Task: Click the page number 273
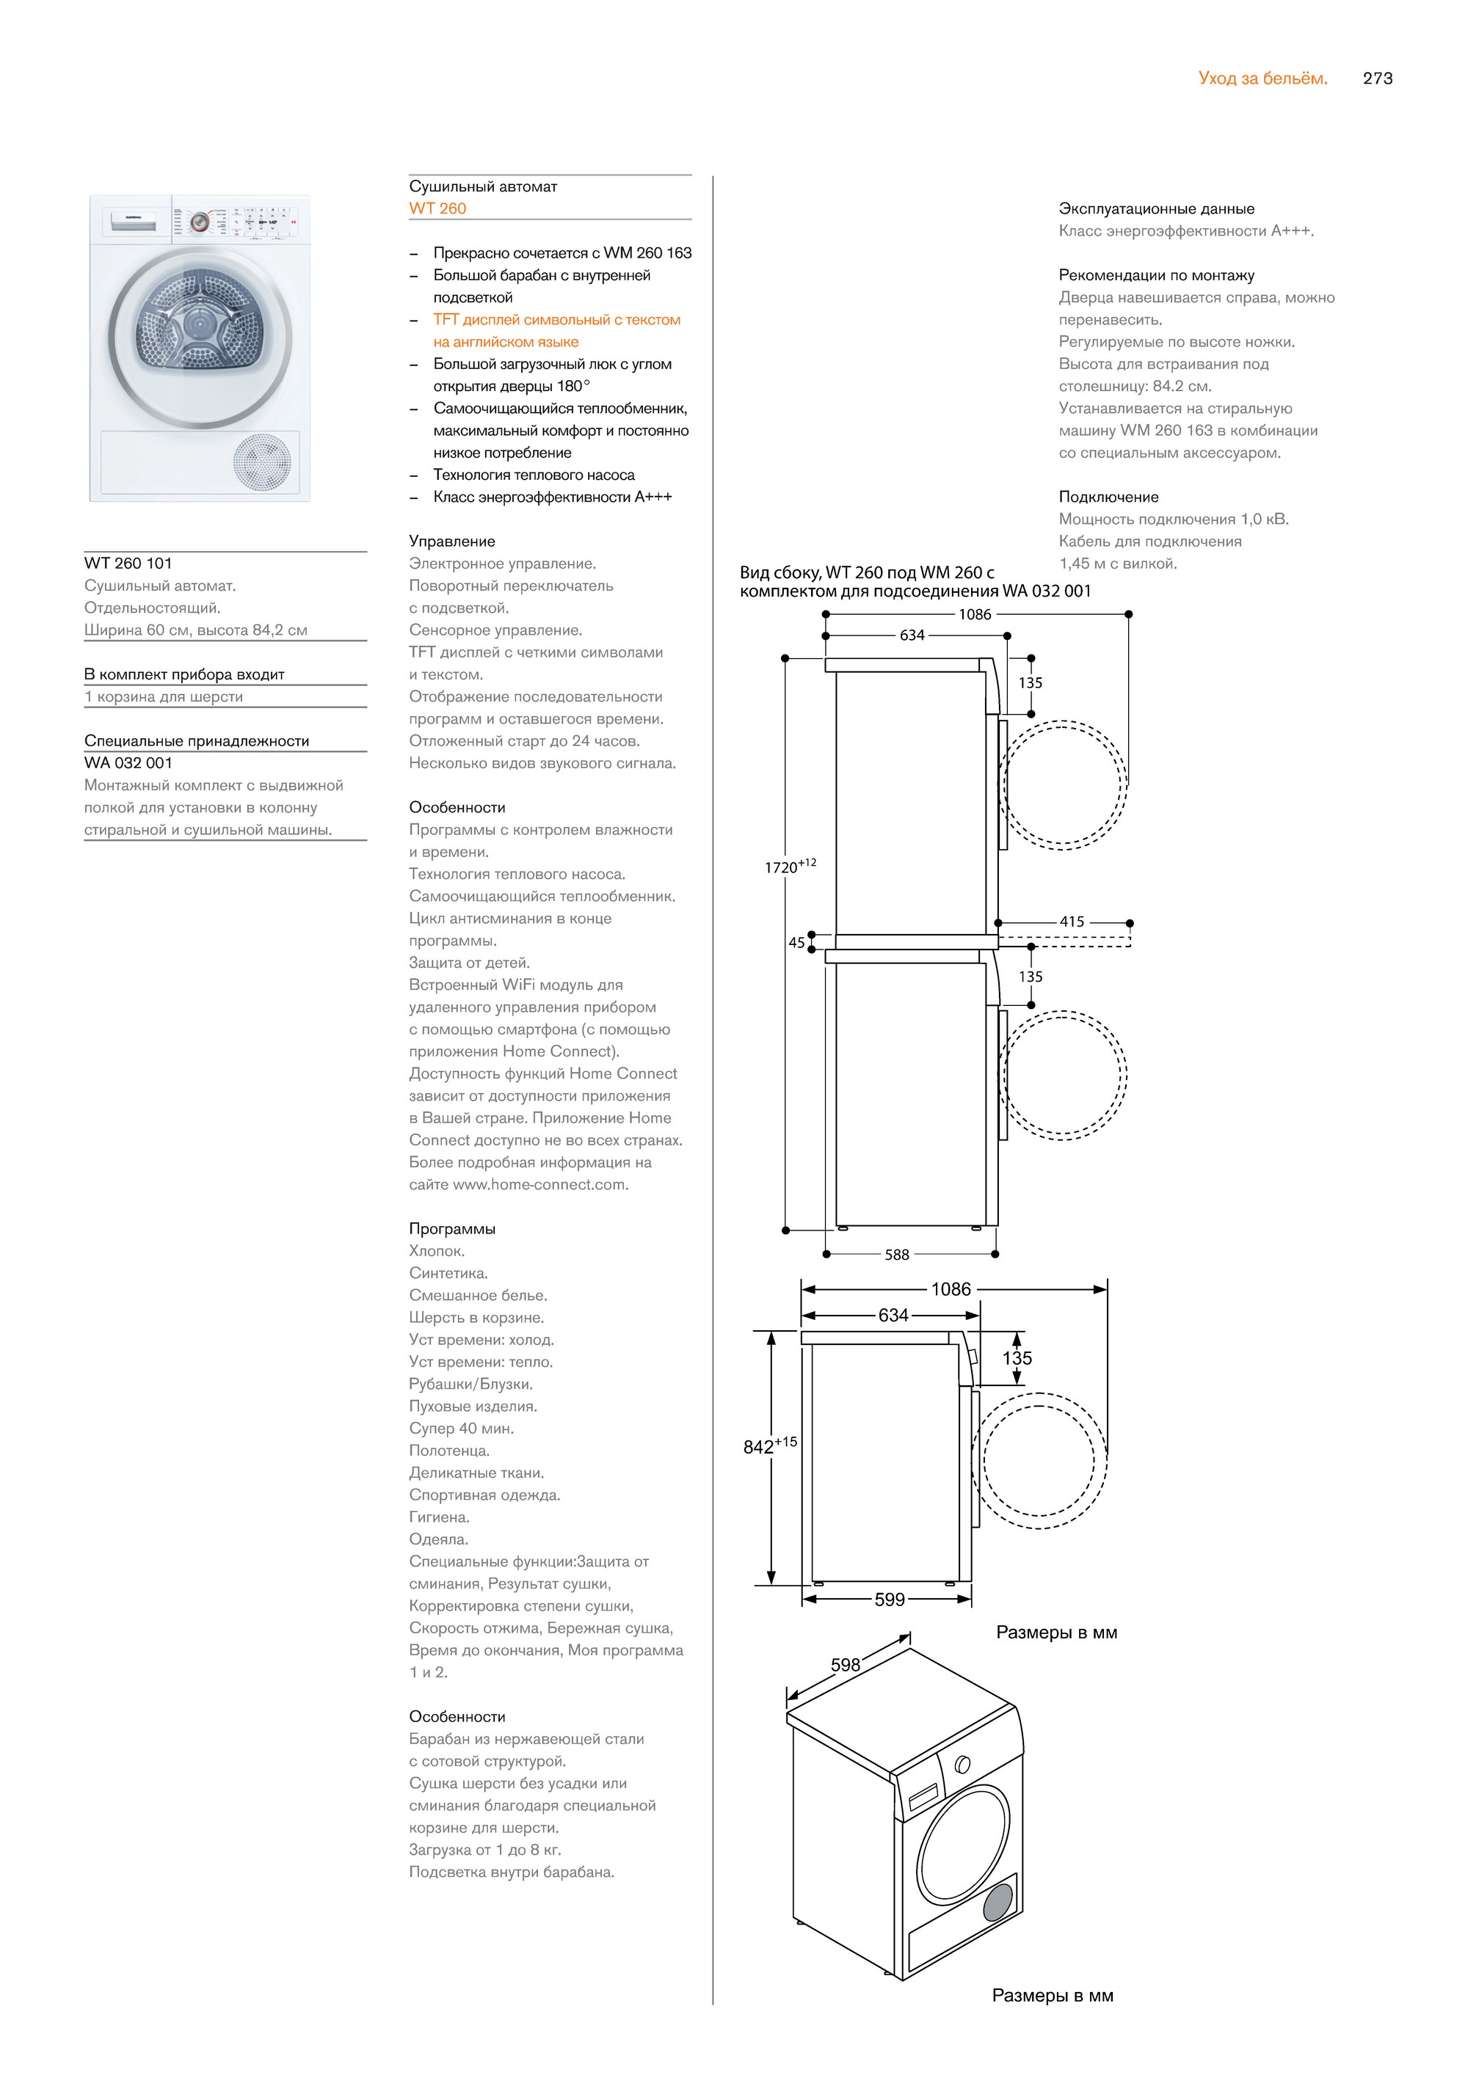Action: pyautogui.click(x=1377, y=79)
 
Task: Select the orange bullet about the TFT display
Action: pyautogui.click(x=556, y=331)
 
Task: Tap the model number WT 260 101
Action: pyautogui.click(x=128, y=563)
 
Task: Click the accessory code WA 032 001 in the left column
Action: pyautogui.click(x=128, y=763)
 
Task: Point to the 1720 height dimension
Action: pyautogui.click(x=783, y=867)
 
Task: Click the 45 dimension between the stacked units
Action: pyautogui.click(x=796, y=943)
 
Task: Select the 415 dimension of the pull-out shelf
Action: pyautogui.click(x=1072, y=922)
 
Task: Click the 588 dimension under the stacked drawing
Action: pyautogui.click(x=897, y=1255)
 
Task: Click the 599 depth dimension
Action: pyautogui.click(x=890, y=1600)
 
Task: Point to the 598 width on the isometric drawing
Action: pyautogui.click(x=845, y=1665)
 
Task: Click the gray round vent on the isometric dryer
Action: pyautogui.click(x=998, y=1903)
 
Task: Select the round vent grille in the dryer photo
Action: pyautogui.click(x=263, y=461)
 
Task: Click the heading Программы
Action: pyautogui.click(x=452, y=1228)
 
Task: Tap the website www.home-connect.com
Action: pyautogui.click(x=539, y=1184)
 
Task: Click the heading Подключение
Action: pyautogui.click(x=1108, y=496)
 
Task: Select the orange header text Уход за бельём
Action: pyautogui.click(x=1262, y=79)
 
